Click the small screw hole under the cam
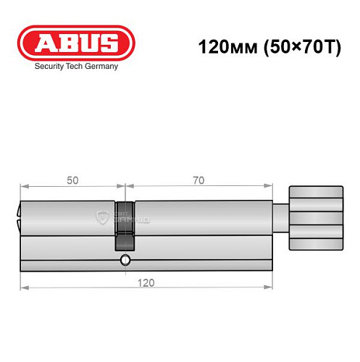(x=125, y=260)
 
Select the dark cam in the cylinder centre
(x=125, y=224)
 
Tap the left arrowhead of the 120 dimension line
(x=22, y=287)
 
